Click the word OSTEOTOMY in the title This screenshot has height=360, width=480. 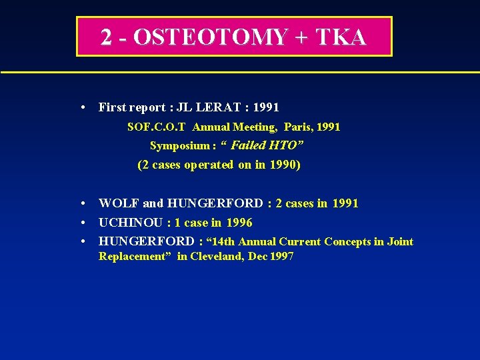point(209,37)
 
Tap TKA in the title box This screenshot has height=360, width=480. point(341,37)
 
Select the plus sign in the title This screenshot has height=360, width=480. point(301,37)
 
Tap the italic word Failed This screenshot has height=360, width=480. point(247,145)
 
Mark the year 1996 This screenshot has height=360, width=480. point(239,223)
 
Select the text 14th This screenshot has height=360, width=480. point(221,242)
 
